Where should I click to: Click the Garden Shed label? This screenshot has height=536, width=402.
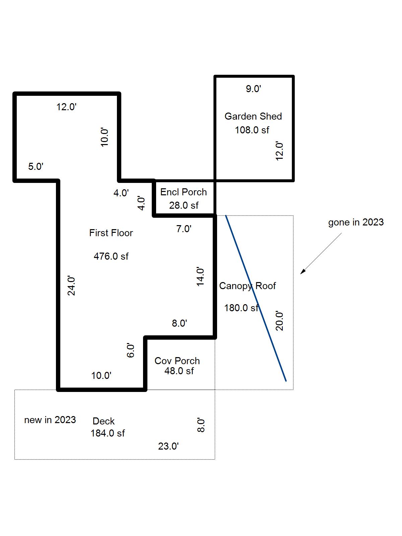click(x=253, y=116)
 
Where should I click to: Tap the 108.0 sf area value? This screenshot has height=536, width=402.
click(x=252, y=130)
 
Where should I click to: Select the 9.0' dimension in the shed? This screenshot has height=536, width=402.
click(x=253, y=89)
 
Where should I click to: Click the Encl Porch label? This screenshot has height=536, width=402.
click(x=183, y=192)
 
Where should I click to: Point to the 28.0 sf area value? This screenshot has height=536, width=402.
click(x=184, y=205)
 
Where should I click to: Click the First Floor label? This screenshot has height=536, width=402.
click(x=111, y=233)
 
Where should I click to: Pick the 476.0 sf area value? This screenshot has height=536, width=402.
click(x=111, y=256)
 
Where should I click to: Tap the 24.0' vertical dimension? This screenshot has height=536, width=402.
click(x=71, y=286)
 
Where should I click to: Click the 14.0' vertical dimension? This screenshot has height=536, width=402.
click(x=200, y=277)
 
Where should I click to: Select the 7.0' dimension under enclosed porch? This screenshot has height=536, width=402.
click(x=184, y=229)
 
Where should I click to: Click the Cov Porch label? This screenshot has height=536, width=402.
click(x=177, y=361)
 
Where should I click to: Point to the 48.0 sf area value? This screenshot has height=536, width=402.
click(x=179, y=371)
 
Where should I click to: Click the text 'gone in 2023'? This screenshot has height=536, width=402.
click(x=356, y=222)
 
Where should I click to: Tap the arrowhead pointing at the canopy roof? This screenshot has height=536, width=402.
click(x=302, y=272)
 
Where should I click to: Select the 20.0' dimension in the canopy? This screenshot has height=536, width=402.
click(x=279, y=321)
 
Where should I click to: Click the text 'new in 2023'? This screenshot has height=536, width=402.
click(x=50, y=420)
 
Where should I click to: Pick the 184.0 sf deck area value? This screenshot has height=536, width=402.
click(x=107, y=433)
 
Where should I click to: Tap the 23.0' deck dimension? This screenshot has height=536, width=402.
click(x=168, y=446)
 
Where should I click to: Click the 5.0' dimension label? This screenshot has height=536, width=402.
click(x=36, y=166)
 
